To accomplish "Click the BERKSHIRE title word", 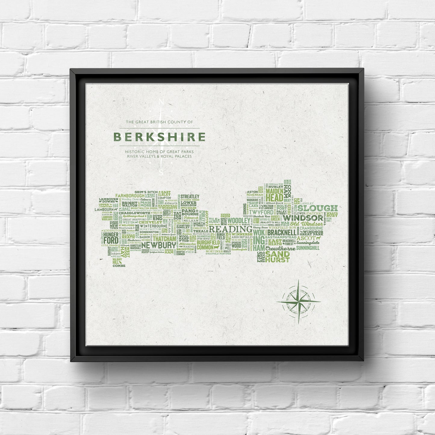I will [160, 137].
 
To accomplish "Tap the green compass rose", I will [298, 301].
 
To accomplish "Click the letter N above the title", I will [161, 102].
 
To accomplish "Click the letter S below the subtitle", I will [161, 172].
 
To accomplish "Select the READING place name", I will [231, 229].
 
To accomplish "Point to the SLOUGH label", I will [318, 208].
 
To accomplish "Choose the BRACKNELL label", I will [281, 233].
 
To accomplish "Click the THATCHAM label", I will [164, 239].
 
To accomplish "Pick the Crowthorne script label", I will [280, 249].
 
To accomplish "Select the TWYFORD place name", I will [261, 212].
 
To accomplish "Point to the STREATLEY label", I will [190, 197].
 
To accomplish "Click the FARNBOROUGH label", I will [130, 196].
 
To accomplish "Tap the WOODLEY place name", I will [239, 221].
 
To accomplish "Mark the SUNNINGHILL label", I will [308, 248].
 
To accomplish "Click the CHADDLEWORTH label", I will [134, 213].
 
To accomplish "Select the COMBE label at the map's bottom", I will [119, 266].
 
